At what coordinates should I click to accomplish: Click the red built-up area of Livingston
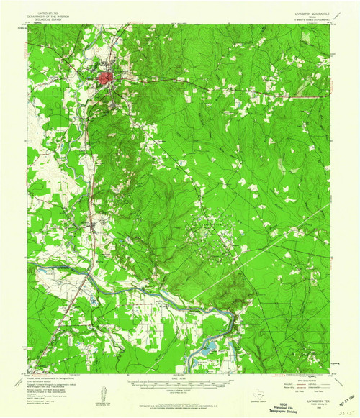106,76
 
